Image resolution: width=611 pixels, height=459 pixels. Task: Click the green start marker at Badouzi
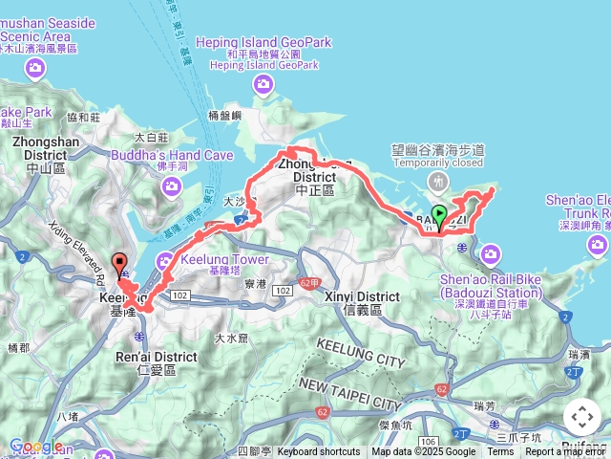coord(439,216)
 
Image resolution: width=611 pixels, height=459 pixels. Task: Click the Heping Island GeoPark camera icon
coord(264,88)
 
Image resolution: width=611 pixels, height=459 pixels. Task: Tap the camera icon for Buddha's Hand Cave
coord(172,186)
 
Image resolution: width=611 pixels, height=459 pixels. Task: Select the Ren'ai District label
coord(156,358)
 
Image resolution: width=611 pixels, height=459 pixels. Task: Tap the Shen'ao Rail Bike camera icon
coord(491,253)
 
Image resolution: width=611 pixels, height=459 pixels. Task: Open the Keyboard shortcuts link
coord(319,451)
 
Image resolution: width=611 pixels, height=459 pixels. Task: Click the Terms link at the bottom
coord(500,451)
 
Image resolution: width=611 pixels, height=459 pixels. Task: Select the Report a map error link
coord(567,451)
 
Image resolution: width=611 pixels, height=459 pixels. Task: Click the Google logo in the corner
coord(36,446)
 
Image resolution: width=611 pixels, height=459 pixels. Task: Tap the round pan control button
coord(581,417)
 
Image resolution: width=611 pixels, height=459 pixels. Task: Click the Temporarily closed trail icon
coord(438,181)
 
